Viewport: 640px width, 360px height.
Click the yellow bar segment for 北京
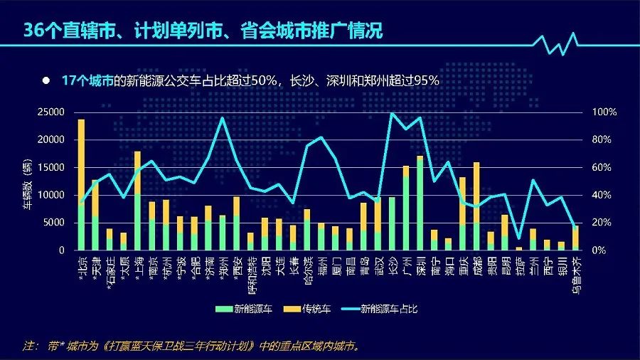[x=81, y=160]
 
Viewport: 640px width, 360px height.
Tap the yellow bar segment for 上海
[x=137, y=171]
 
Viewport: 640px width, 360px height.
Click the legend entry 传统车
[x=316, y=309]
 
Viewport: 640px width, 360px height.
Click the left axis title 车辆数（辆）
[x=28, y=181]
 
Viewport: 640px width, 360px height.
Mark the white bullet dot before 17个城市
[x=46, y=80]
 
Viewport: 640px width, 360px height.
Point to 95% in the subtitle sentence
[x=425, y=80]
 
